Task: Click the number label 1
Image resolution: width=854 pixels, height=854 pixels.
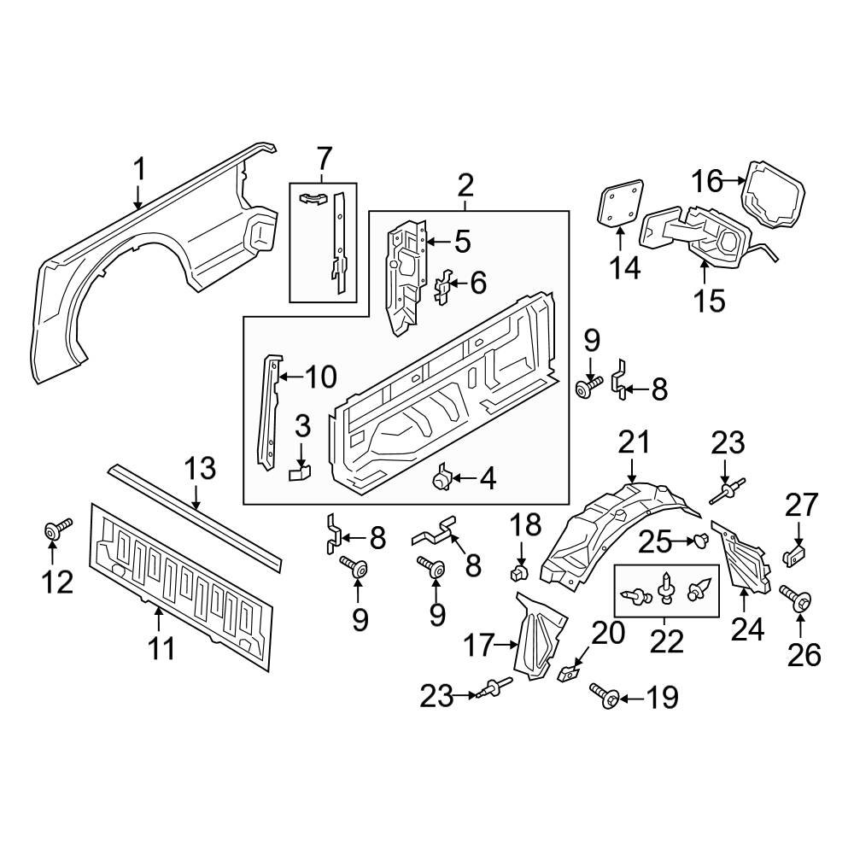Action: point(138,170)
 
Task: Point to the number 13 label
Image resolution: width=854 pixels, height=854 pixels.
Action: point(201,470)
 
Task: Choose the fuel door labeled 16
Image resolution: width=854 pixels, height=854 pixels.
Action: point(774,196)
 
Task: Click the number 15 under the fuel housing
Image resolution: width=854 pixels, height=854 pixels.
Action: point(709,300)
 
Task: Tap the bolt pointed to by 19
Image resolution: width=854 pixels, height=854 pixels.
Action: point(603,698)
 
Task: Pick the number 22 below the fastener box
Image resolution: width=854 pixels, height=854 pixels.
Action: point(666,640)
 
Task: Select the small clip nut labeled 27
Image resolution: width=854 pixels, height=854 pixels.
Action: point(794,557)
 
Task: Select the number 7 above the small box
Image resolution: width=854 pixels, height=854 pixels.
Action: point(323,159)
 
